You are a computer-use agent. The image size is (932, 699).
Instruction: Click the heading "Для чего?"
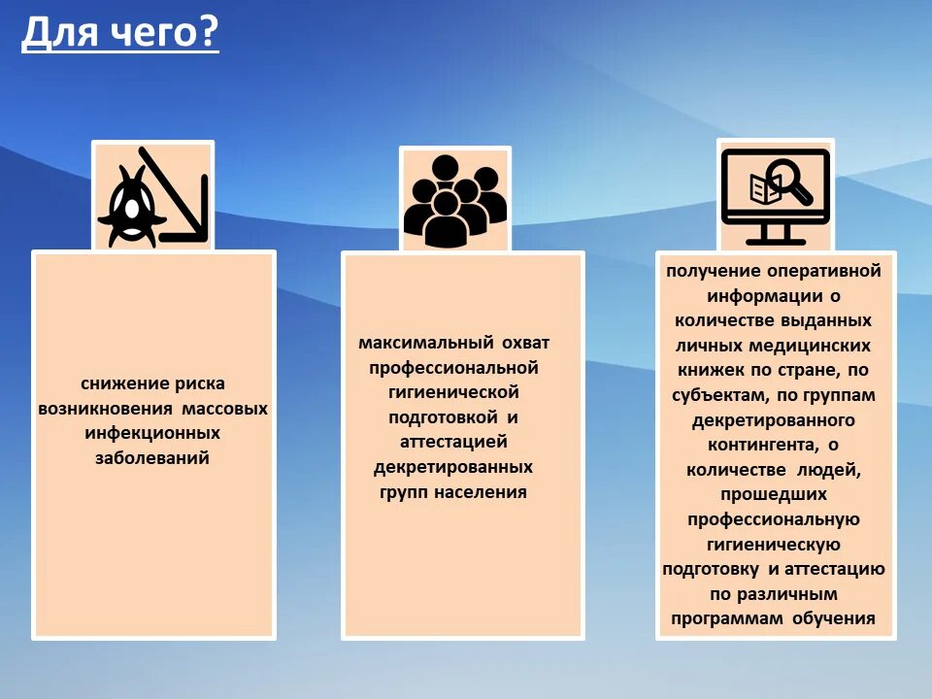pyautogui.click(x=120, y=35)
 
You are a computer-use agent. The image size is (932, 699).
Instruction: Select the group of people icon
pyautogui.click(x=454, y=200)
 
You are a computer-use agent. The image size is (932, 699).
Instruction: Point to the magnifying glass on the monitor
pyautogui.click(x=789, y=181)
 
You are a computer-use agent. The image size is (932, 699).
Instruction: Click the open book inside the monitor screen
pyautogui.click(x=764, y=188)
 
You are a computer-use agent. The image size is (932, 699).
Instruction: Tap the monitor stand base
pyautogui.click(x=774, y=239)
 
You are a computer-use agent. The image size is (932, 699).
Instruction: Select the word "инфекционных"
pyautogui.click(x=152, y=433)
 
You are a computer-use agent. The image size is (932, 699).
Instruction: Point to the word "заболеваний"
pyautogui.click(x=152, y=458)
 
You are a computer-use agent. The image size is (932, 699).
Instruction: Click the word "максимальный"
pyautogui.click(x=424, y=343)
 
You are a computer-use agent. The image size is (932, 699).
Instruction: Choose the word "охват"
pyautogui.click(x=525, y=343)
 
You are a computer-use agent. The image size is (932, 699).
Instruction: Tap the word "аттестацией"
pyautogui.click(x=453, y=442)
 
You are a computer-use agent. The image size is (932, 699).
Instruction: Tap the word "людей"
pyautogui.click(x=830, y=470)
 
